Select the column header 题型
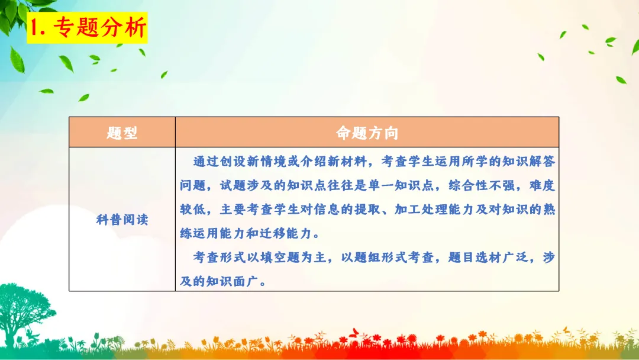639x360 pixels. tap(122, 133)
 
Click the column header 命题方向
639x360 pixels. tap(367, 133)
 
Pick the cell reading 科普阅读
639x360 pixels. tap(122, 220)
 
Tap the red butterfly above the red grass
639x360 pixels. tap(355, 331)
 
